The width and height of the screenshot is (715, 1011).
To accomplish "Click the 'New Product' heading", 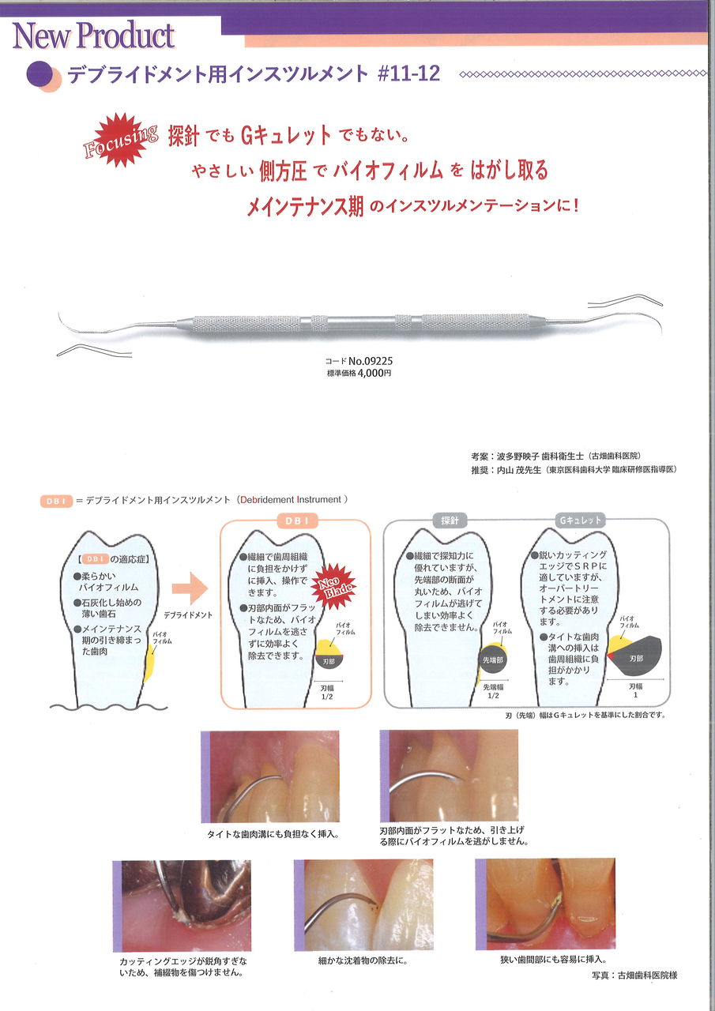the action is point(93,36).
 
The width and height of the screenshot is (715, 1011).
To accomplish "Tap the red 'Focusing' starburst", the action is point(120,140).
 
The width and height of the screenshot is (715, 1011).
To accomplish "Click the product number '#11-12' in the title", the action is point(408,73).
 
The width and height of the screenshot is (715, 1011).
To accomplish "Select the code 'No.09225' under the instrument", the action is point(371,361).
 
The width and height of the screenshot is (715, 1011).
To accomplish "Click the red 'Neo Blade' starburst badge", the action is point(335,586).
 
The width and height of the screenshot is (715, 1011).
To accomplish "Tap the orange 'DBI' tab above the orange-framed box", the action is point(295,521).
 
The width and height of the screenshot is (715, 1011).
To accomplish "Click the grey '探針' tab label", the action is point(450,521).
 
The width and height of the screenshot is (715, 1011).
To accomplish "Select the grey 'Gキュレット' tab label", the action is point(581,521).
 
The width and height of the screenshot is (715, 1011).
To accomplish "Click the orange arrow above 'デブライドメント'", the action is point(190,588).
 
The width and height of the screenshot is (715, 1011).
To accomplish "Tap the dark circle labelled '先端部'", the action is point(492,660).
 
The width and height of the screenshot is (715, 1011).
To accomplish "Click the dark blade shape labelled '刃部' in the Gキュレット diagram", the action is point(634,656).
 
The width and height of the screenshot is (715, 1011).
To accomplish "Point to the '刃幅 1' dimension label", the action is point(635,690).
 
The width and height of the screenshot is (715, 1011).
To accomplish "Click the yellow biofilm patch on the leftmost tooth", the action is point(149,664).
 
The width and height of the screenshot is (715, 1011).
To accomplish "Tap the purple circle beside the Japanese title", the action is point(40,74).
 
